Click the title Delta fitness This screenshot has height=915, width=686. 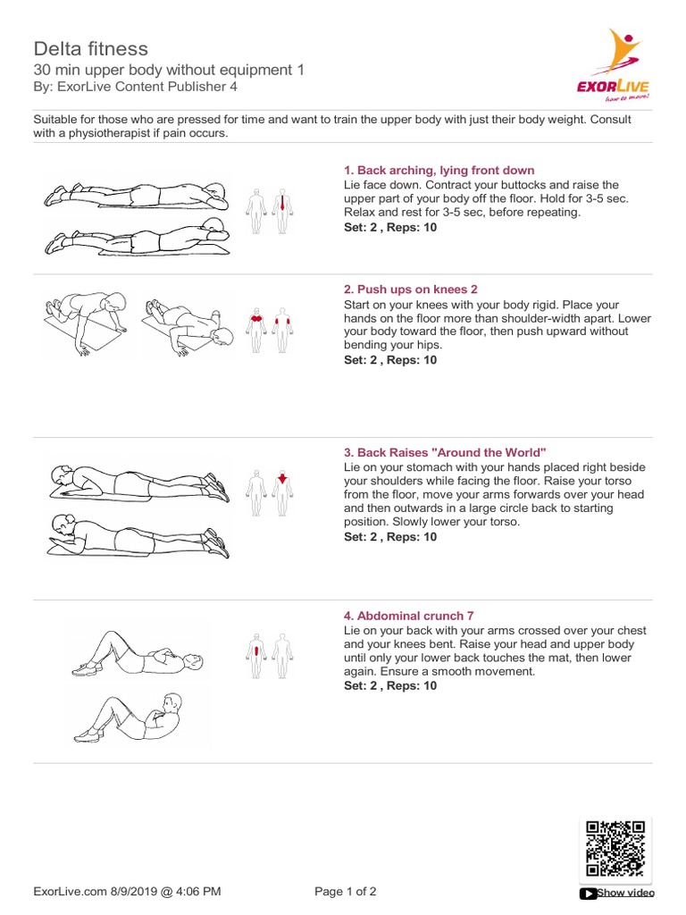(x=91, y=48)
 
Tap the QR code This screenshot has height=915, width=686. (x=615, y=848)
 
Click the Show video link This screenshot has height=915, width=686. (x=623, y=893)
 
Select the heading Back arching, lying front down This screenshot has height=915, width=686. (x=439, y=170)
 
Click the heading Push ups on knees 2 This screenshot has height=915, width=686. (x=411, y=290)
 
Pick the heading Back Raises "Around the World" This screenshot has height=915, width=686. (x=444, y=453)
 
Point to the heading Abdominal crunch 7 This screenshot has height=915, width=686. (x=409, y=616)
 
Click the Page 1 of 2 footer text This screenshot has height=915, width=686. (x=347, y=891)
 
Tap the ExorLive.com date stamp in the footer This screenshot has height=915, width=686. (x=127, y=891)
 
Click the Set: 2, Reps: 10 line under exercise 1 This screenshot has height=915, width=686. (x=390, y=227)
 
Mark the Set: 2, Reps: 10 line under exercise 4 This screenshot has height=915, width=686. (x=390, y=686)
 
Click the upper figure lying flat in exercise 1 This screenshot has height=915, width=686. (x=135, y=194)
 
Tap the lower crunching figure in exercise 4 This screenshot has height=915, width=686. (x=130, y=717)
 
